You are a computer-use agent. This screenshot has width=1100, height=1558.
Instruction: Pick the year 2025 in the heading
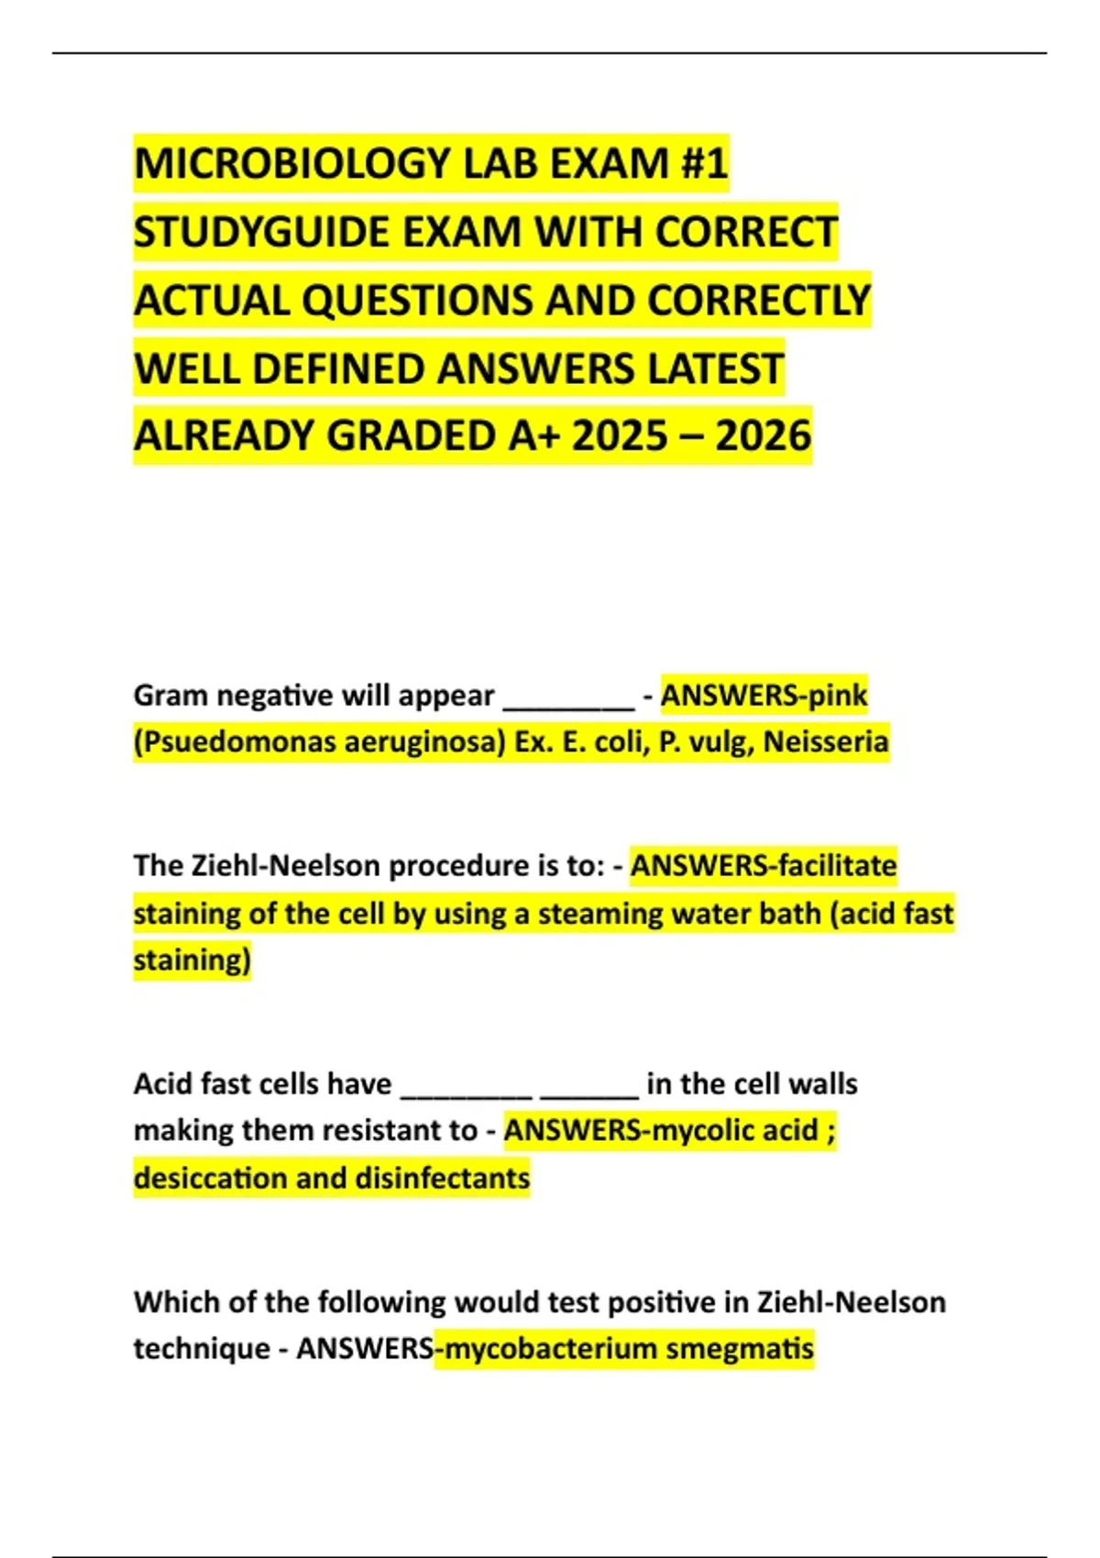click(620, 436)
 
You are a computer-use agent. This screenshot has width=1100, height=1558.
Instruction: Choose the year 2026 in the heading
click(763, 436)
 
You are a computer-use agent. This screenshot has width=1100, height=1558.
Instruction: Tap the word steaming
click(599, 914)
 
